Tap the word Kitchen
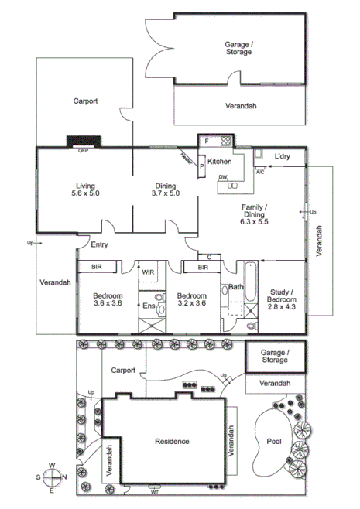point(219,162)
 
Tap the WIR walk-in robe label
point(149,272)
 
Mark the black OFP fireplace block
point(83,142)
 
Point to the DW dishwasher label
point(223,177)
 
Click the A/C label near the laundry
point(260,171)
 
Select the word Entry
point(99,244)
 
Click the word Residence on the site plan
point(171,441)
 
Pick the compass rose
point(51,477)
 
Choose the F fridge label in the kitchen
point(207,141)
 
